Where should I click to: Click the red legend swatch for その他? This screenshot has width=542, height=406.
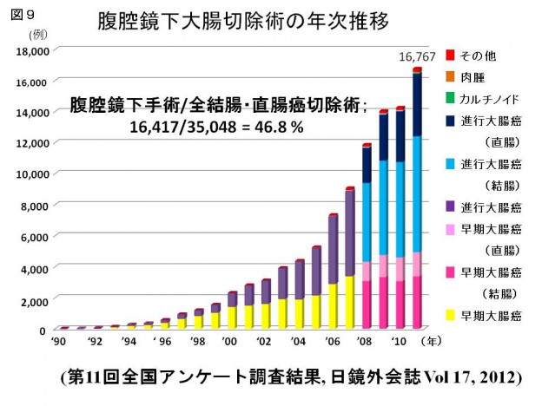450,56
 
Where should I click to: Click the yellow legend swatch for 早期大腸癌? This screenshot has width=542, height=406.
450,315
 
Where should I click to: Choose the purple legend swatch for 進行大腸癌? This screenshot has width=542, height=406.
450,206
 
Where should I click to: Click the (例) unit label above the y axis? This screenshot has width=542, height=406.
39,34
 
